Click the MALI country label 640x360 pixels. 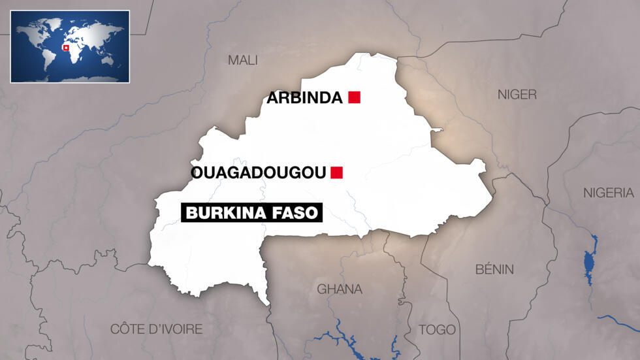(x=242, y=60)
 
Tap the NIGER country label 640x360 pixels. (x=517, y=95)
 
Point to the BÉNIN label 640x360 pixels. (x=494, y=269)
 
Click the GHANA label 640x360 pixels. (x=339, y=289)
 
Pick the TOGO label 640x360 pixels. (x=438, y=329)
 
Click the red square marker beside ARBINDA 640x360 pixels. (x=355, y=98)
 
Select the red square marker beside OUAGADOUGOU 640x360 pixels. (x=337, y=172)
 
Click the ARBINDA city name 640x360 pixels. (x=304, y=99)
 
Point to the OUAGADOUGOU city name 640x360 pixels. (x=258, y=173)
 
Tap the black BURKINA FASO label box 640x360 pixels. (x=251, y=213)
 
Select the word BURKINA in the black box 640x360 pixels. (x=227, y=213)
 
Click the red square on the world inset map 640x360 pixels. (x=65, y=47)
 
